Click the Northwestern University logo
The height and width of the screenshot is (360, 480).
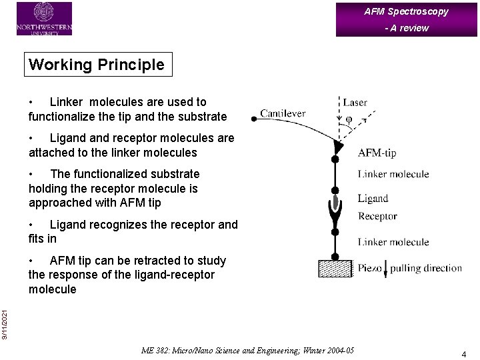pyautogui.click(x=44, y=18)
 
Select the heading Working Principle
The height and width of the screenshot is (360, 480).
pyautogui.click(x=97, y=65)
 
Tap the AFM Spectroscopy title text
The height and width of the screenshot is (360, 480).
pyautogui.click(x=406, y=11)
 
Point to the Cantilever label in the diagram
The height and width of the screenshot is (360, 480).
pyautogui.click(x=283, y=113)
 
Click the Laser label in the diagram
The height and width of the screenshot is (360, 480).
pyautogui.click(x=355, y=103)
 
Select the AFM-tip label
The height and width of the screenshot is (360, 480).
pyautogui.click(x=377, y=153)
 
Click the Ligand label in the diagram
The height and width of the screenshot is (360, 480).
pyautogui.click(x=373, y=198)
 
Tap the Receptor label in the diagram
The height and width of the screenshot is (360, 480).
pyautogui.click(x=377, y=216)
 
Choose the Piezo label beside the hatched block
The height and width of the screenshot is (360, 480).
pyautogui.click(x=369, y=268)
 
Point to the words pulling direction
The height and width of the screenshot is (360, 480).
pyautogui.click(x=426, y=268)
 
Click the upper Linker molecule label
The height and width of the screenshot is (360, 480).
pyautogui.click(x=393, y=174)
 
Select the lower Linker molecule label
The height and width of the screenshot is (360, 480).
pyautogui.click(x=393, y=242)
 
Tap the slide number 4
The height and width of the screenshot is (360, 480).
pyautogui.click(x=463, y=354)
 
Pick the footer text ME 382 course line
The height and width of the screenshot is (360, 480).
pyautogui.click(x=248, y=351)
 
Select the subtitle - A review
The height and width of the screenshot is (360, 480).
pyautogui.click(x=407, y=28)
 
